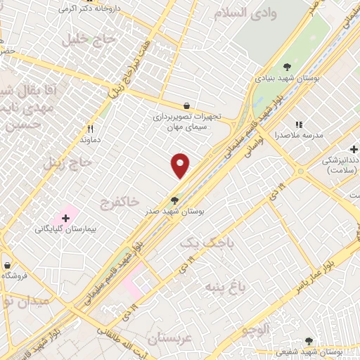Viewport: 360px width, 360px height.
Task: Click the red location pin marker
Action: click(x=181, y=165)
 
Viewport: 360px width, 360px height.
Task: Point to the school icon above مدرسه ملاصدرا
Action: click(x=298, y=124)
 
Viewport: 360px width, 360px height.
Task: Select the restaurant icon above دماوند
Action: click(x=90, y=129)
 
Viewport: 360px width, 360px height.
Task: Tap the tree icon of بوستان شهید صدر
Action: click(x=174, y=200)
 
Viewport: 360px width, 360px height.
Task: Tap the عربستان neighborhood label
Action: click(x=174, y=338)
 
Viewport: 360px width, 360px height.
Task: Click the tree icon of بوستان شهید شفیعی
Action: click(x=309, y=341)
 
